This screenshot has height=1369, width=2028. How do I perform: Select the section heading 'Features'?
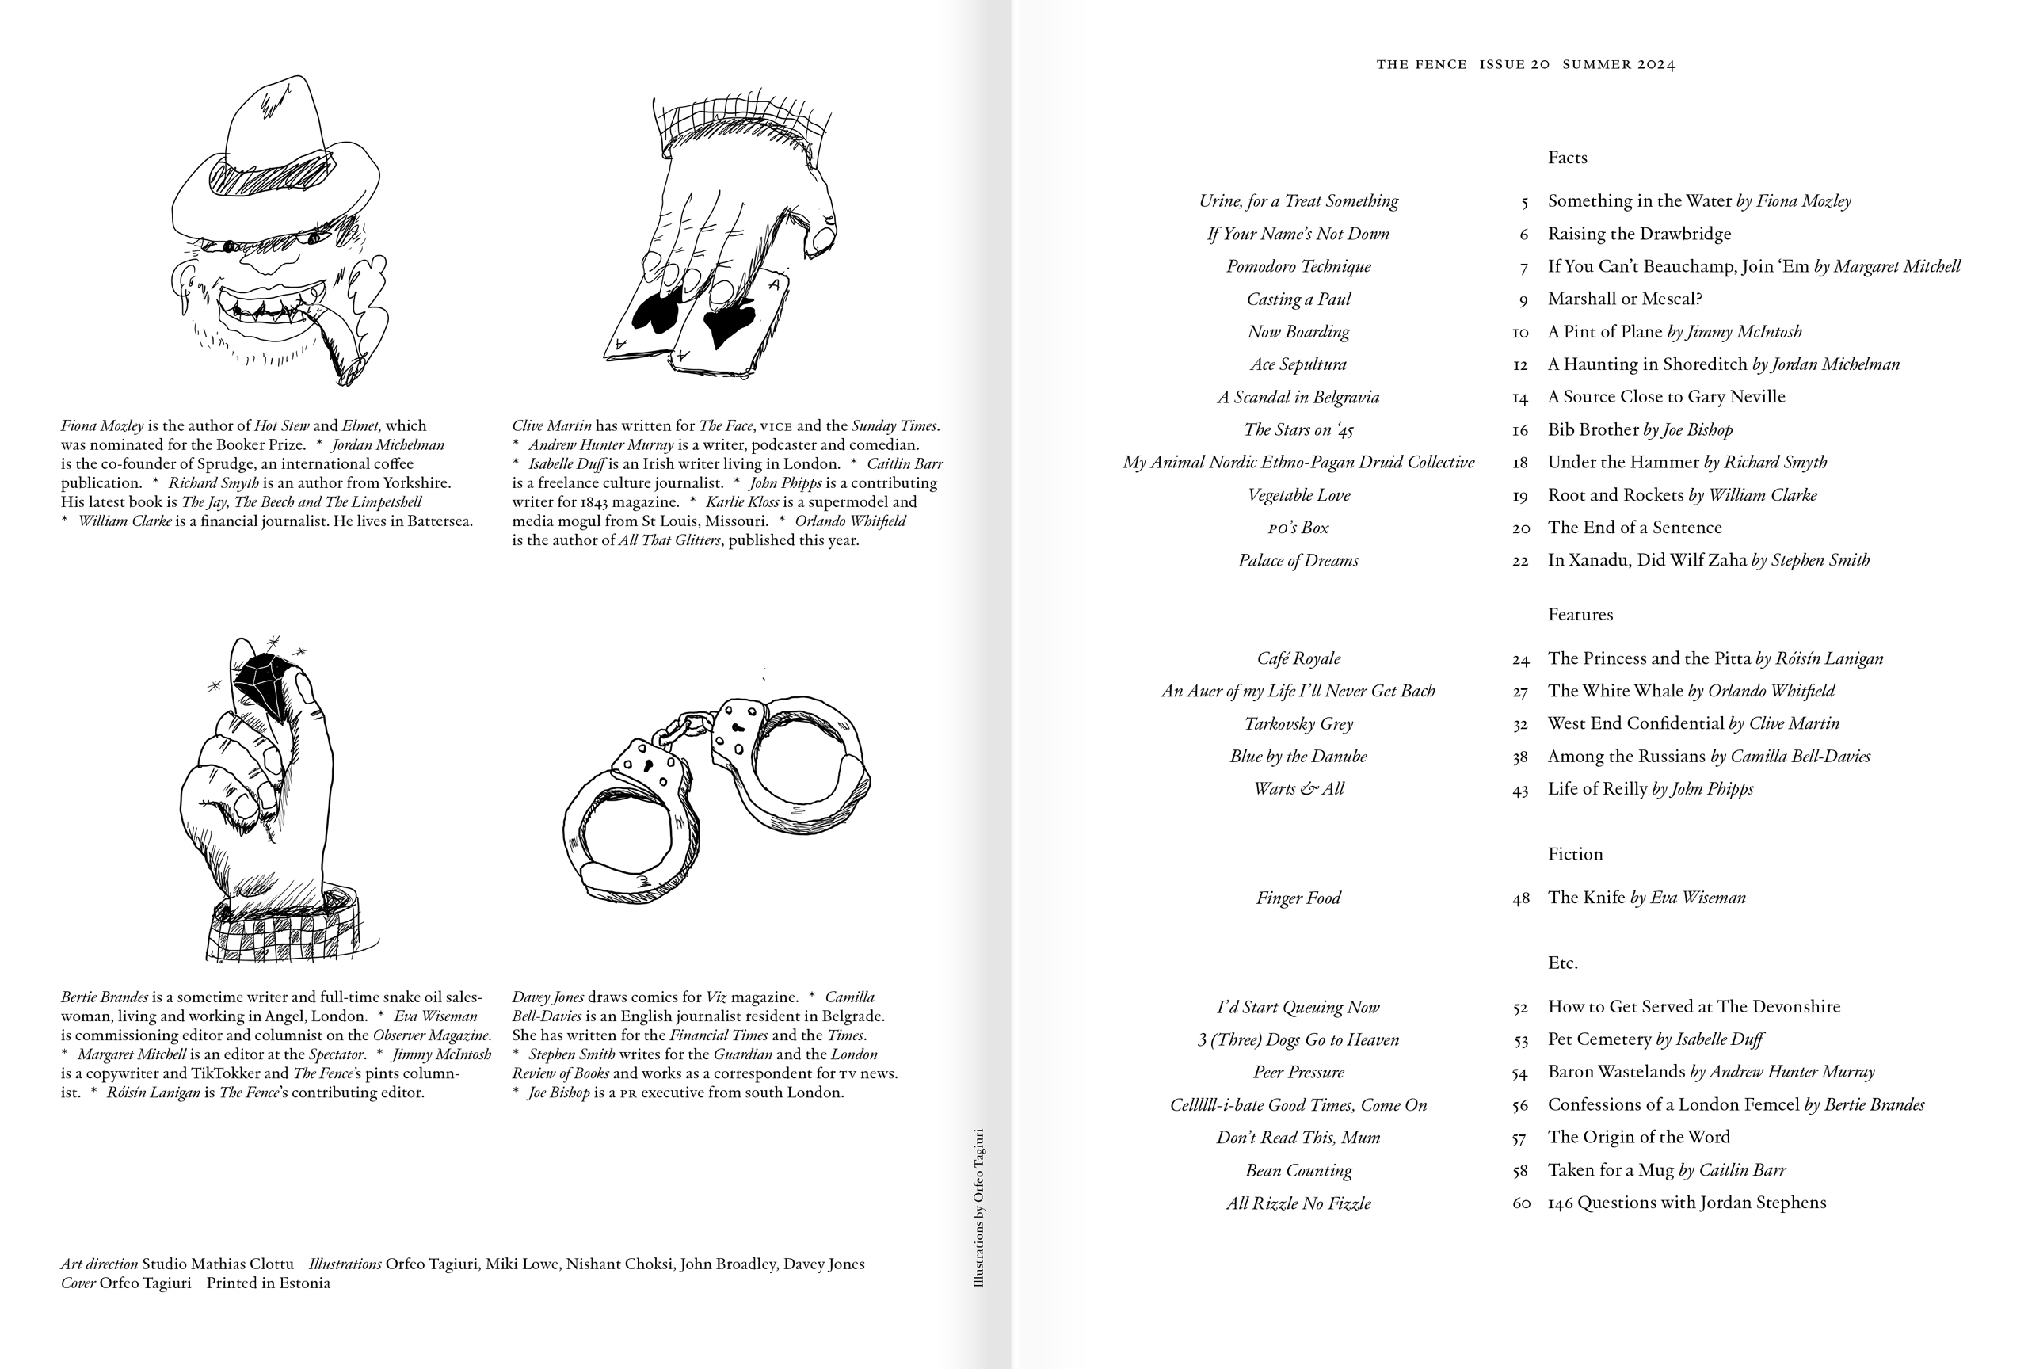click(x=1580, y=615)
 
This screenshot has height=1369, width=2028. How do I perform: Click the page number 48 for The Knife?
click(x=1520, y=898)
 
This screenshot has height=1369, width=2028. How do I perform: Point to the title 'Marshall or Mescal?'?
click(x=1624, y=299)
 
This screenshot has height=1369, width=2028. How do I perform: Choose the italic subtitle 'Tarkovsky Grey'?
click(x=1298, y=724)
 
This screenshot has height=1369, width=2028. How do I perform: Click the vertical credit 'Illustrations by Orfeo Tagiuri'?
click(x=978, y=1208)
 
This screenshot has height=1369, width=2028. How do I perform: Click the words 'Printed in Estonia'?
click(x=268, y=1283)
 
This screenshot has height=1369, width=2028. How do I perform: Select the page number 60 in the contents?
click(x=1520, y=1203)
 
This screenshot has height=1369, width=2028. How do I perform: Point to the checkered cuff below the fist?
click(x=284, y=933)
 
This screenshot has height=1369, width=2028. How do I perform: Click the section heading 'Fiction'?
click(x=1574, y=854)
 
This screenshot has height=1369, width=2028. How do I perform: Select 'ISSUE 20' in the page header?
click(x=1514, y=64)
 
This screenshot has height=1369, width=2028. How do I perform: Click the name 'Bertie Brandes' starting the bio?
click(x=104, y=997)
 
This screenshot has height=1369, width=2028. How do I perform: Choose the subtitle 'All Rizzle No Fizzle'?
click(x=1298, y=1204)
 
